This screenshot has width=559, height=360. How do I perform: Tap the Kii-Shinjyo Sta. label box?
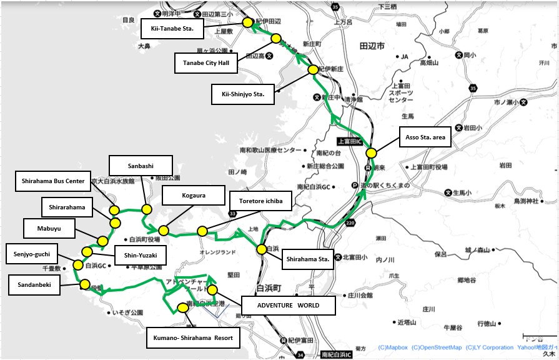click(x=242, y=94)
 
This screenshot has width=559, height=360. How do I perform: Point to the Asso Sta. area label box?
click(x=425, y=137)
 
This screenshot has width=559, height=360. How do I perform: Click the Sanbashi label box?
click(x=140, y=166)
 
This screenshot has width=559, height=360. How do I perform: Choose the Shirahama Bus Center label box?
click(x=52, y=181)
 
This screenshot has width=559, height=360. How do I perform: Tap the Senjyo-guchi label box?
click(x=31, y=254)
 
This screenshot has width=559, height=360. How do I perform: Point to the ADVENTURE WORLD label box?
click(x=288, y=306)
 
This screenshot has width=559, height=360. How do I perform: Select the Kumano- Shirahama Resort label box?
click(x=193, y=338)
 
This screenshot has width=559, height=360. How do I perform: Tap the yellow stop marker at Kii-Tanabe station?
click(x=247, y=22)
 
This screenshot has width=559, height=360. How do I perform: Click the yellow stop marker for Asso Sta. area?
click(x=370, y=152)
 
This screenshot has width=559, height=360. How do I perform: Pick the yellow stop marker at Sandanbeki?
click(x=84, y=284)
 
